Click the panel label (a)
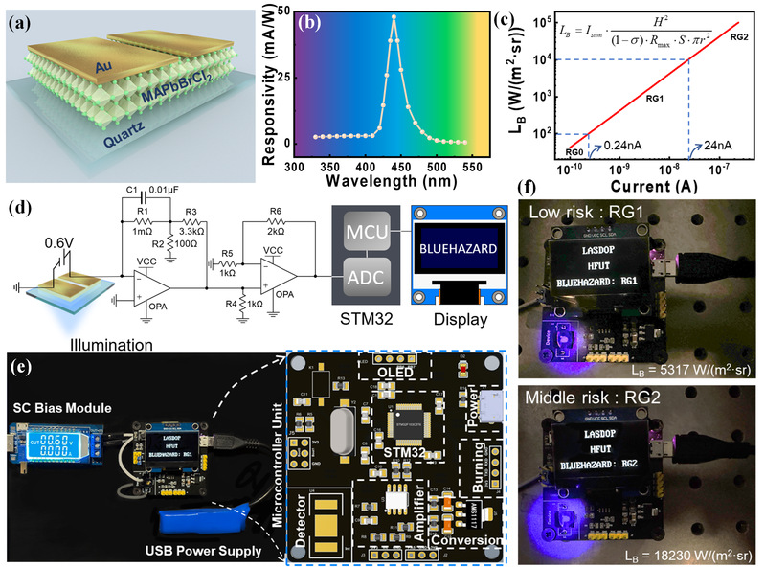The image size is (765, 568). pos(21,19)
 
